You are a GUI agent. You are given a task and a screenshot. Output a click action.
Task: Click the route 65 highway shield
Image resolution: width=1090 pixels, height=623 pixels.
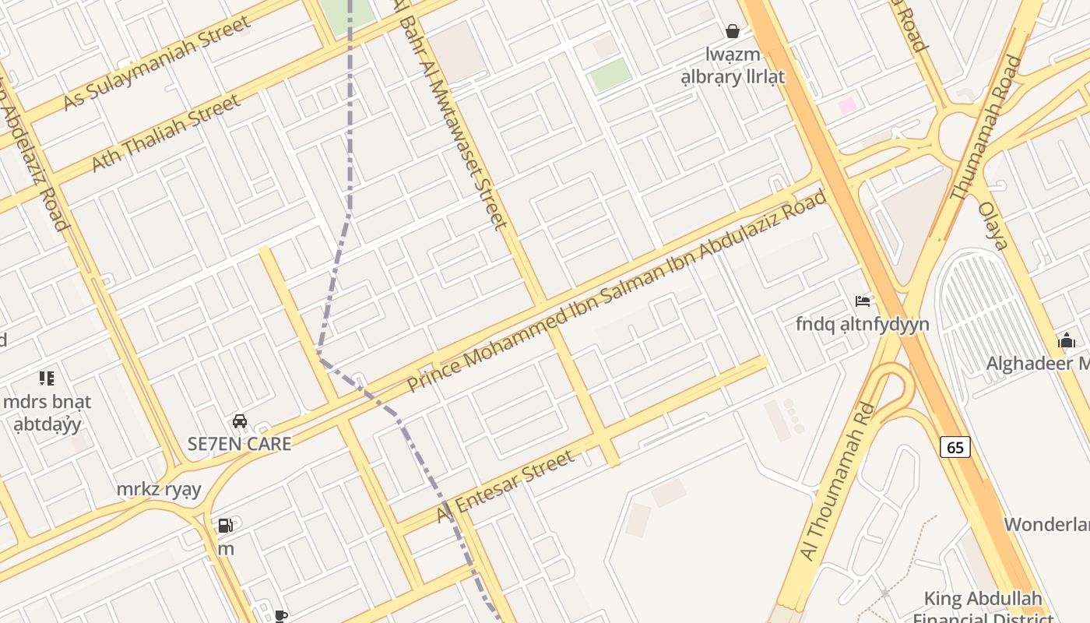pos(955,447)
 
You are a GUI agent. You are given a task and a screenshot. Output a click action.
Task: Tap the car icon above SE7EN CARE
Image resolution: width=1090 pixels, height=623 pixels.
pos(240,421)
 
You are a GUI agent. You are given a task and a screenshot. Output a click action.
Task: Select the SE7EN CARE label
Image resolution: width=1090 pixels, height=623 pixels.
pos(240,444)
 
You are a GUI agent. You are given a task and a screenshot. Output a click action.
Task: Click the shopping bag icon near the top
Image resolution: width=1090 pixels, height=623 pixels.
pos(733,31)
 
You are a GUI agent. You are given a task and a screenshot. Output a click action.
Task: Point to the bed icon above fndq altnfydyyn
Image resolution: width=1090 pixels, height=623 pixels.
pos(863,301)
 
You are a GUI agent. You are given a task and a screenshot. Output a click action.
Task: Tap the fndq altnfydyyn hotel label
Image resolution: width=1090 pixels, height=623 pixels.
pos(863,323)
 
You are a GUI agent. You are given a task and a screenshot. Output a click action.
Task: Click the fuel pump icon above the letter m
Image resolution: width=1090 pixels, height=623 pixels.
pos(226,526)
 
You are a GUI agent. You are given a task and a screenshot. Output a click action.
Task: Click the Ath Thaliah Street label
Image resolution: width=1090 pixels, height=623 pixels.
pos(166,134)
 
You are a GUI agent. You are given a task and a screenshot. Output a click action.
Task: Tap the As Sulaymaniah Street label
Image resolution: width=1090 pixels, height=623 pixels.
pos(157,61)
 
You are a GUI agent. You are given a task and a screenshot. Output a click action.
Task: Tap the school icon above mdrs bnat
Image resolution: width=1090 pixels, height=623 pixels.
pos(47,378)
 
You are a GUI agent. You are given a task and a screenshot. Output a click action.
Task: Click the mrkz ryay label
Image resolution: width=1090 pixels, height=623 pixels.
pos(159,490)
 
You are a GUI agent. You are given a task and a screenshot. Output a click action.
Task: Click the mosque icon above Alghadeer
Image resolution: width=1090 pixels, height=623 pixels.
pos(1067,340)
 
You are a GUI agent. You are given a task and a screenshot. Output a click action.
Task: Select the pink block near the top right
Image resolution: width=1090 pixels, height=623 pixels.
pos(847,105)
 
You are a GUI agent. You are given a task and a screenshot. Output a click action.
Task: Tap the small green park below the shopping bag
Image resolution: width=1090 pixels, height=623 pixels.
pos(610,75)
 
